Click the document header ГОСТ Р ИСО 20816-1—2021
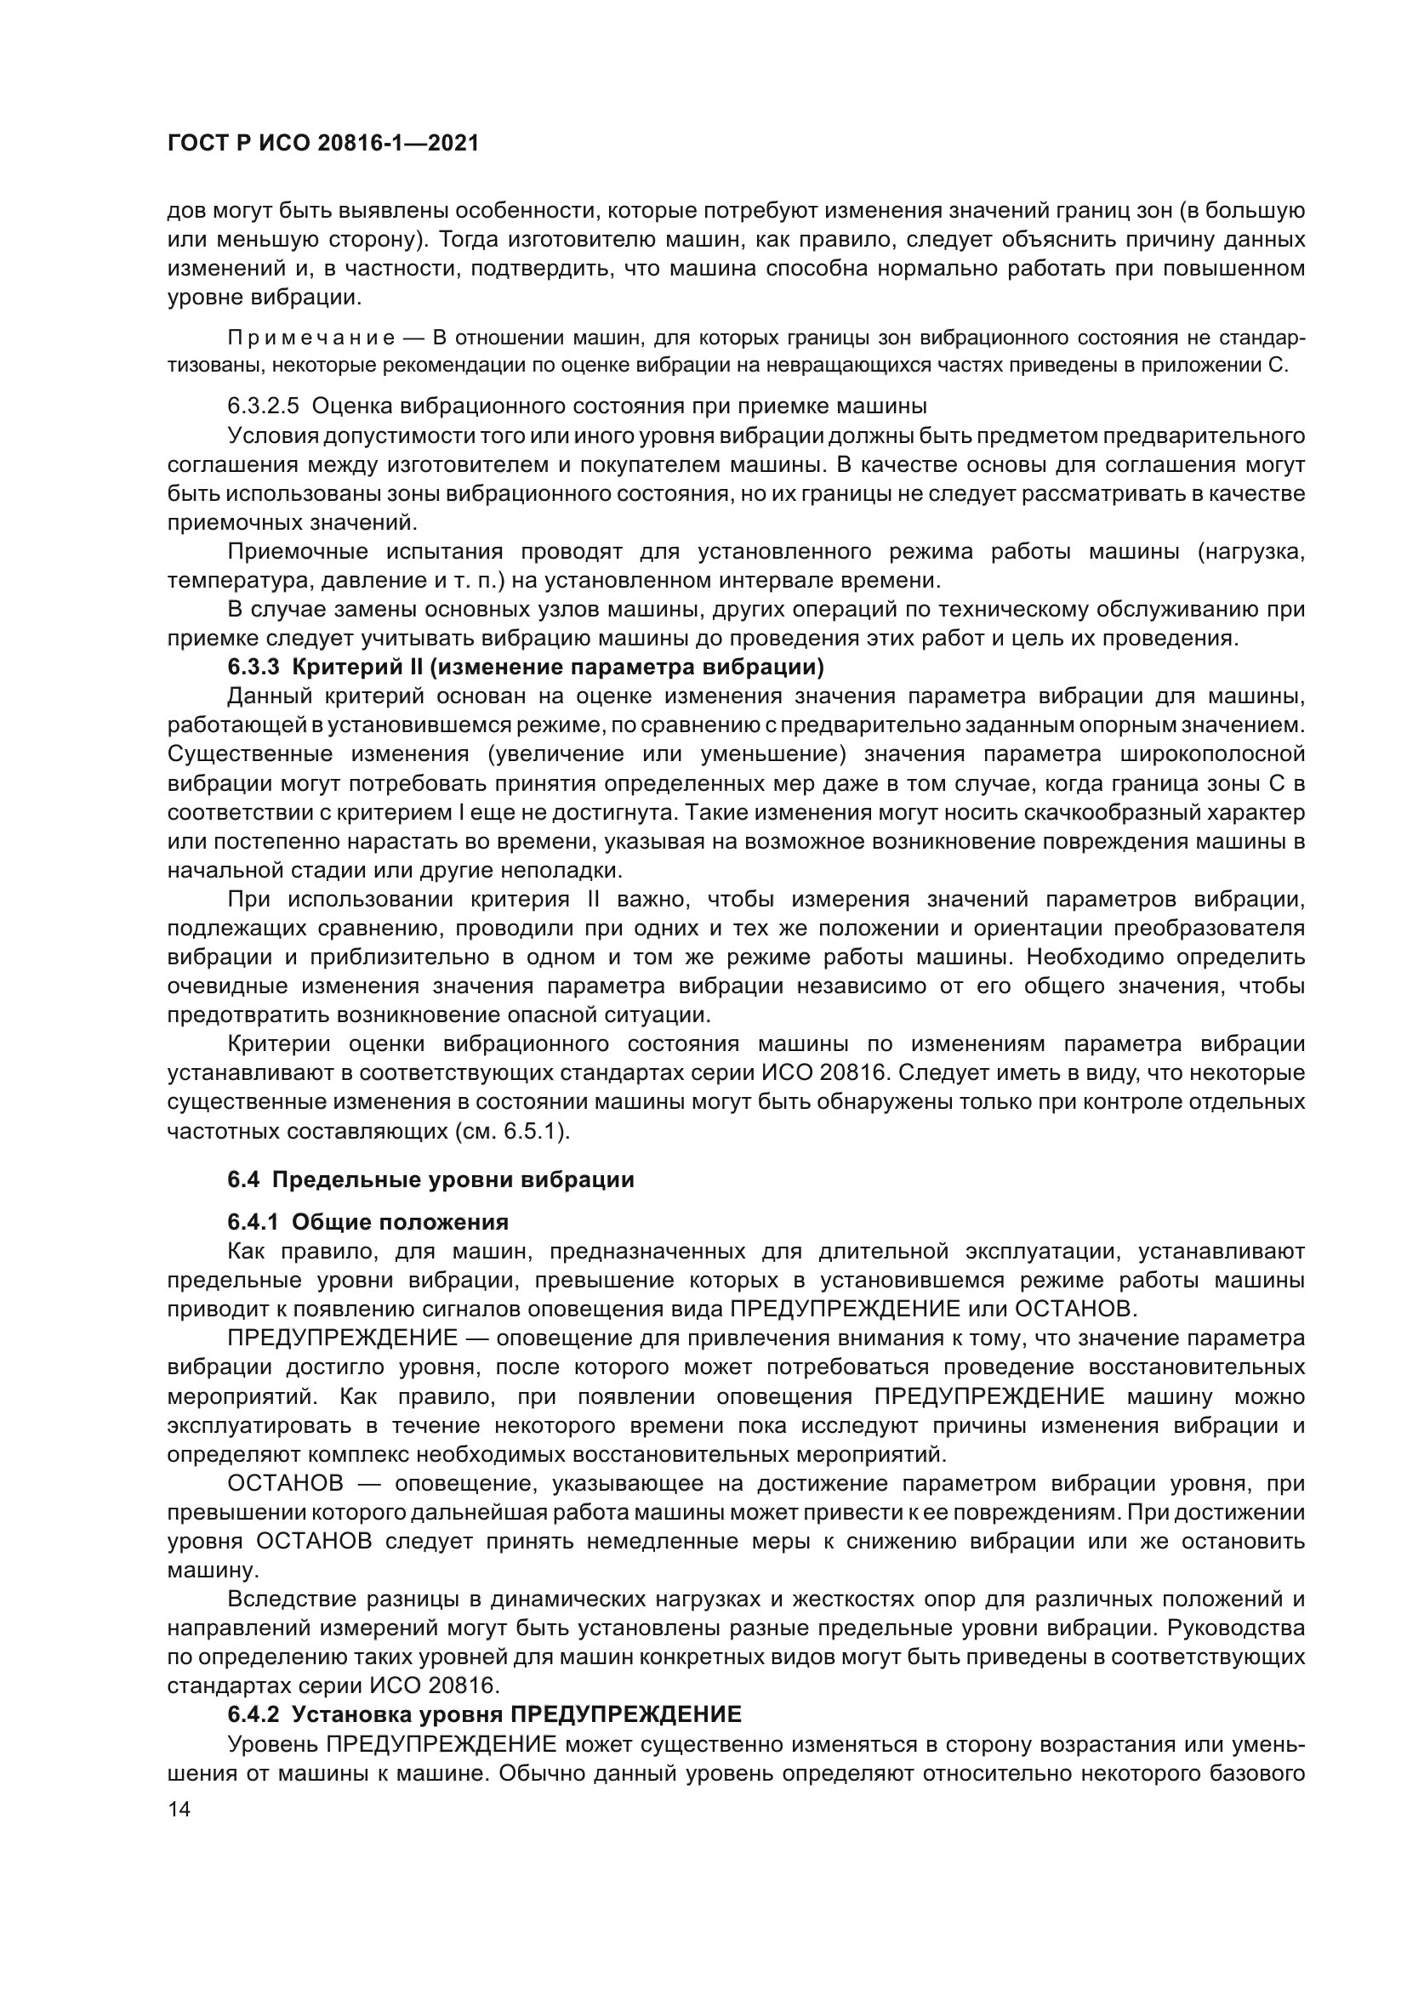click(x=322, y=144)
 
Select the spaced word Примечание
click(x=311, y=337)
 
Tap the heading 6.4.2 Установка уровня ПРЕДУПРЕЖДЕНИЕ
click(x=484, y=1714)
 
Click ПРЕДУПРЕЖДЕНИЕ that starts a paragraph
click(x=341, y=1338)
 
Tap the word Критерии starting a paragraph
click(x=281, y=1044)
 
